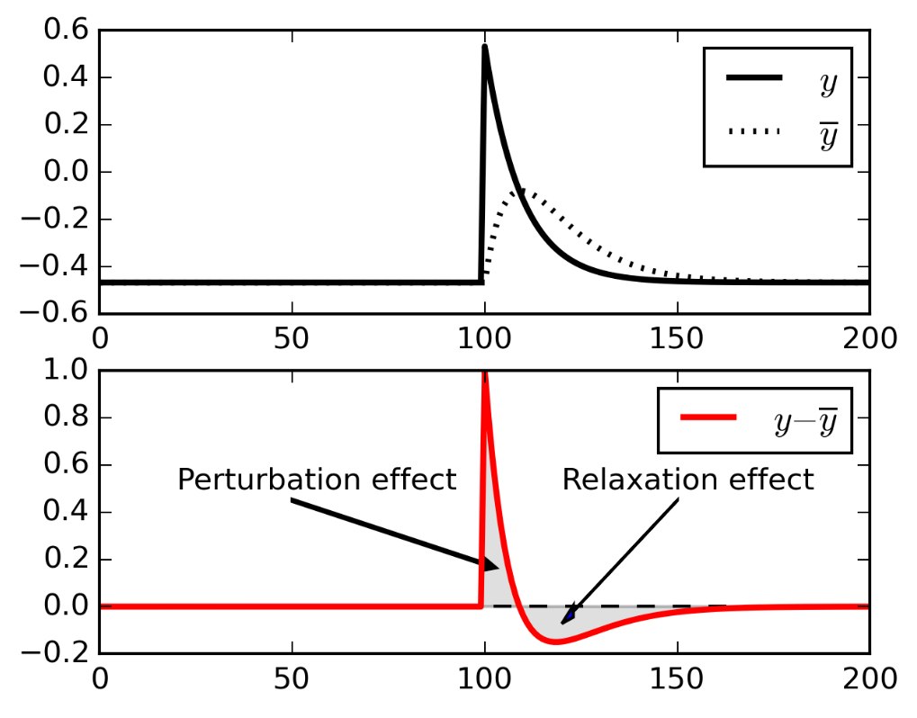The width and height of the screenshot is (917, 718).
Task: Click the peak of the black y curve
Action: coord(485,46)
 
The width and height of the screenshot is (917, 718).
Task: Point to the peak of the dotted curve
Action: coord(519,190)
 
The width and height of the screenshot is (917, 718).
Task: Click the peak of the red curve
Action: coord(485,372)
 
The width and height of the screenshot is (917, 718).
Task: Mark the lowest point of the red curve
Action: coord(555,642)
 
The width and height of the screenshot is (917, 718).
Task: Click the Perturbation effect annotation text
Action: coord(317,480)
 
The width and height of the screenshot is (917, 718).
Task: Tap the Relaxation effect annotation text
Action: coord(688,480)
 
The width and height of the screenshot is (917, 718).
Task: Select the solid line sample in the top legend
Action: coord(754,78)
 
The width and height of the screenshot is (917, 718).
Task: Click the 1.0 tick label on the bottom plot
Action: coord(63,372)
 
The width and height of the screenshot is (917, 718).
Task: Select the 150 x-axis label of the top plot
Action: coord(677,339)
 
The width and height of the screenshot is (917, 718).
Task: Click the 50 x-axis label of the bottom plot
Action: coord(292,679)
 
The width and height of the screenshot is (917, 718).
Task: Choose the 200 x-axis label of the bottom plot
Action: coord(868,679)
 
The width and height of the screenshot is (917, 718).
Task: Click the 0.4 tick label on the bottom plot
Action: coord(63,513)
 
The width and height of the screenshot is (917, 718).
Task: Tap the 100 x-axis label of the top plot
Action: coord(485,339)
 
